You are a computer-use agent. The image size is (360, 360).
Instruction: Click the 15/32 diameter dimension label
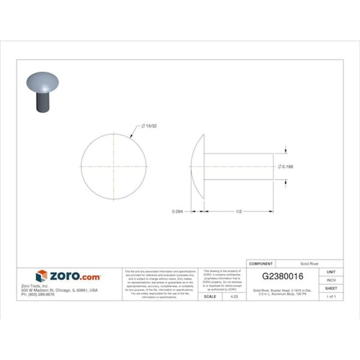click(150, 126)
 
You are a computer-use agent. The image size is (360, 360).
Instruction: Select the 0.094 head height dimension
click(178, 212)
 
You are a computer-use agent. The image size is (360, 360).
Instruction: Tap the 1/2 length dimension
click(239, 212)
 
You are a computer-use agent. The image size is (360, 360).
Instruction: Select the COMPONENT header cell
click(262, 263)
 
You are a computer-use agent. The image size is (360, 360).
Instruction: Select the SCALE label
click(209, 296)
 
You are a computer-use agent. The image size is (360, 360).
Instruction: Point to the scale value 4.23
click(234, 296)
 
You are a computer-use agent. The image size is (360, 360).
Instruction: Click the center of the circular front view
click(113, 167)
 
